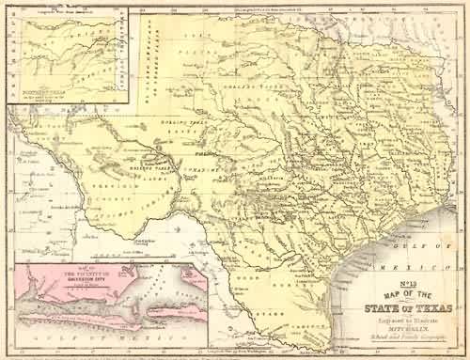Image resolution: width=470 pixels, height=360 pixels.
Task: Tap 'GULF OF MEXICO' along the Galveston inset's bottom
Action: pos(103,341)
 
